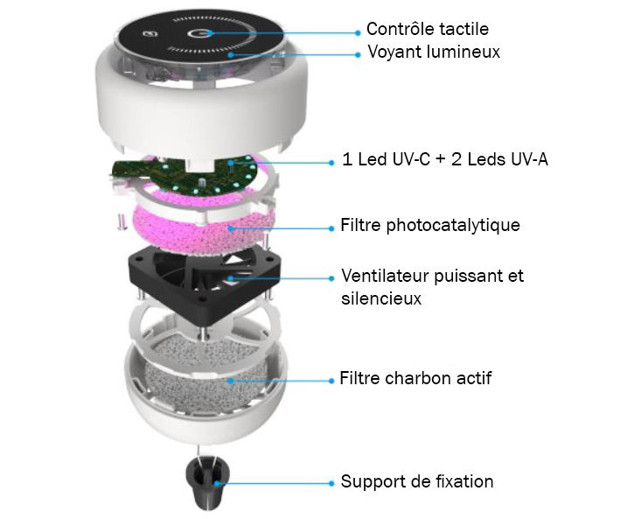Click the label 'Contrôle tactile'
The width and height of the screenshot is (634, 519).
tap(428, 29)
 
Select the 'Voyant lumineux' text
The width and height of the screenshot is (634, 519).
tap(434, 52)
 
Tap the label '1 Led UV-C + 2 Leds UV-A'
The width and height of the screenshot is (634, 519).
tap(445, 159)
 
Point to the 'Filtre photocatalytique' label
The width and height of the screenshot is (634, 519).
tap(430, 225)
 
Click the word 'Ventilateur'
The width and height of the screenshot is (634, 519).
tap(385, 276)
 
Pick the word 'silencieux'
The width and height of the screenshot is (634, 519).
tap(381, 298)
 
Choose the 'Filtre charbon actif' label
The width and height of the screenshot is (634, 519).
tap(415, 378)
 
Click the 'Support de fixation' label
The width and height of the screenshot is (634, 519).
tap(417, 481)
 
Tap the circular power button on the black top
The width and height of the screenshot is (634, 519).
tap(199, 33)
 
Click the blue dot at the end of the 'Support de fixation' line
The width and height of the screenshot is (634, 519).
tap(331, 483)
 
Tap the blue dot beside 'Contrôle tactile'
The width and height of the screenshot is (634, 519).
tap(358, 32)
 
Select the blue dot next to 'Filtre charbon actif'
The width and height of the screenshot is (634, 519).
tap(331, 381)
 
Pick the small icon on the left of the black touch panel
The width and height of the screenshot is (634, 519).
tap(150, 35)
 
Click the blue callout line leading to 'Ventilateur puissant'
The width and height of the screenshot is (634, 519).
tap(281, 278)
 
